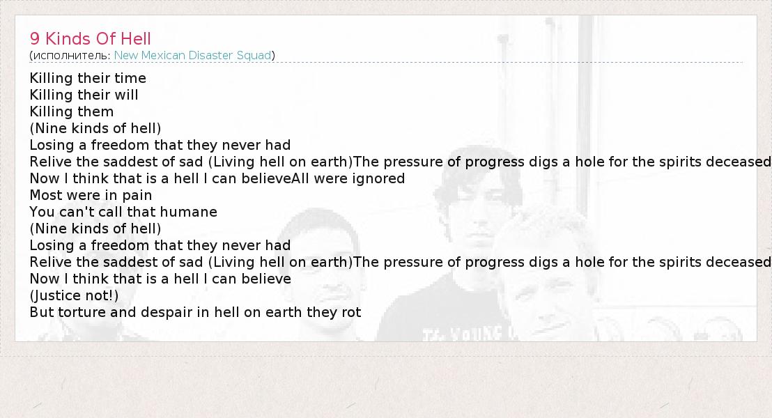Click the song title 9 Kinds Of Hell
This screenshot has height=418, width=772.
coord(90,38)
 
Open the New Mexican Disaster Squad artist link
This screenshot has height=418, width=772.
coord(192,55)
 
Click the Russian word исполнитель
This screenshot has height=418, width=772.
coord(71,56)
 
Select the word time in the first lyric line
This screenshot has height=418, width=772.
coord(130,78)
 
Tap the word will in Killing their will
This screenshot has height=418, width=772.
coord(127,95)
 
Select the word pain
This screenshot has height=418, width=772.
coord(137,196)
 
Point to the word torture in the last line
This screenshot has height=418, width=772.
coord(82,313)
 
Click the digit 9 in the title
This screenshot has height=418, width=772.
coord(34,38)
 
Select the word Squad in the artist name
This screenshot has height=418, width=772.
coord(254,55)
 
